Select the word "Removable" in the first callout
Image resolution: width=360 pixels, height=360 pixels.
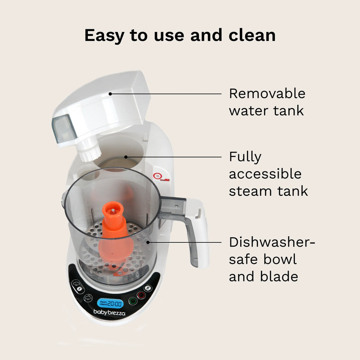pyautogui.click(x=267, y=94)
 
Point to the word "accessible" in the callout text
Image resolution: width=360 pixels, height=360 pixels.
pyautogui.click(x=265, y=174)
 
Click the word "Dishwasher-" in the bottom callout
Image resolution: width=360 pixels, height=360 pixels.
pyautogui.click(x=272, y=243)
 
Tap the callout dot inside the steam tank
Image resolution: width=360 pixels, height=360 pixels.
pyautogui.click(x=127, y=157)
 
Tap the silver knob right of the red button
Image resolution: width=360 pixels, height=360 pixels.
pyautogui.click(x=148, y=288)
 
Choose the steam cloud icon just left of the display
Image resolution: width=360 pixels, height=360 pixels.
pyautogui.click(x=88, y=297)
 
